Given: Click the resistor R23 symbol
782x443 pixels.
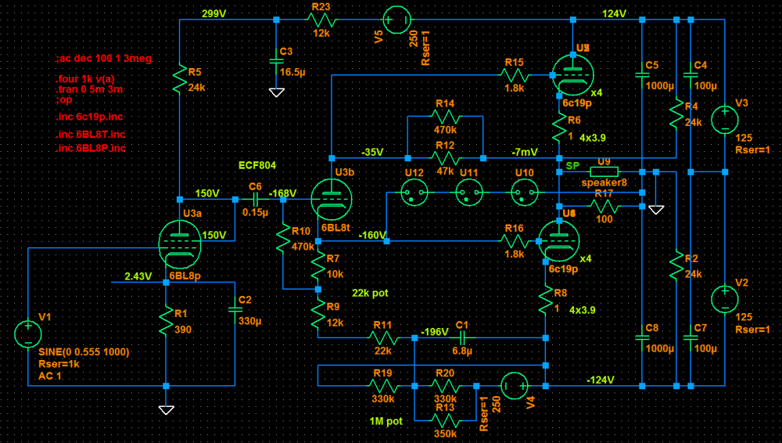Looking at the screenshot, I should pos(321,20).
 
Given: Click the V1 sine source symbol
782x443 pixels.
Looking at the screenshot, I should pos(28,334).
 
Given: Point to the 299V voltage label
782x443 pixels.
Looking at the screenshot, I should pos(214,13).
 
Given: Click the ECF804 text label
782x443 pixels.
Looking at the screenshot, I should pos(257,165).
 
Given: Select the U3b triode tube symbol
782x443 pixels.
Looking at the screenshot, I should pos(329,198).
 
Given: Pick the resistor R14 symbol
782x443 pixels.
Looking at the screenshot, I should pos(445,117).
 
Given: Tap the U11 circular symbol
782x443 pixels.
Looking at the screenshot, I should pos(469,192).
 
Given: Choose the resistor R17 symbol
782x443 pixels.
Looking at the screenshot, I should pos(604,207).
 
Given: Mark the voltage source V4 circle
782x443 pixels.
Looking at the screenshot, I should pos(514,385).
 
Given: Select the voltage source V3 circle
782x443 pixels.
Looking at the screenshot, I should pos(724,119).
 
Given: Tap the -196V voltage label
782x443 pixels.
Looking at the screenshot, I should pos(436,331).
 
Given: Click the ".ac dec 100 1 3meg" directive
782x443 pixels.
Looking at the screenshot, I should pos(104,59).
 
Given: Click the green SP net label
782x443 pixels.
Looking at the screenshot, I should pos(573,166).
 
